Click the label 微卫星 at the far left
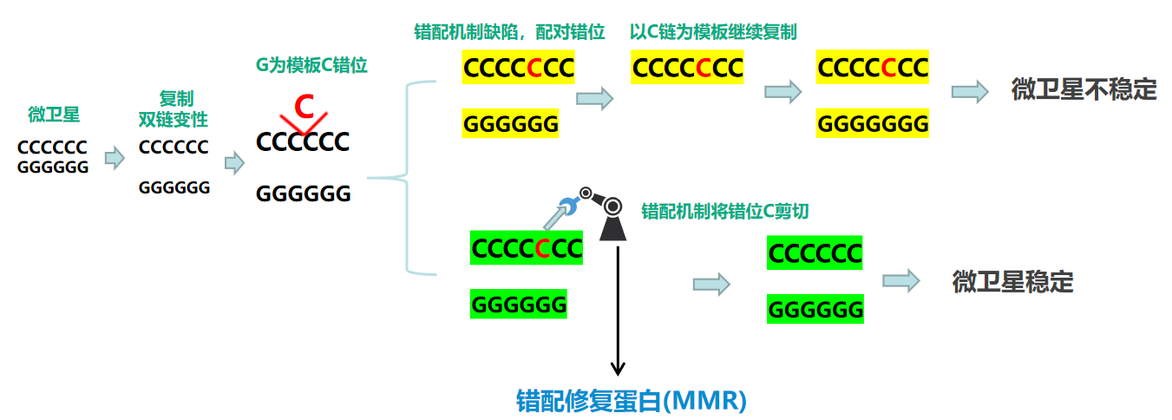53,114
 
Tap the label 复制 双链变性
173,108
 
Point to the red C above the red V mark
303,107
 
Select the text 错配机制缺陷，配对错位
508,31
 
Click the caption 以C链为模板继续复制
713,31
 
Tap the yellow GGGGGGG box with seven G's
873,123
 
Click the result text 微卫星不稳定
1084,89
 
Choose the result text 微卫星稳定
1012,281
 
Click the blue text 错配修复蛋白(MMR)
632,401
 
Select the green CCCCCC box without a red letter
815,253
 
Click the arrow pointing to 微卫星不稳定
970,90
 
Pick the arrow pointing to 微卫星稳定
900,280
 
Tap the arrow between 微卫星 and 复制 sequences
115,158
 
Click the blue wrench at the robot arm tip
569,205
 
